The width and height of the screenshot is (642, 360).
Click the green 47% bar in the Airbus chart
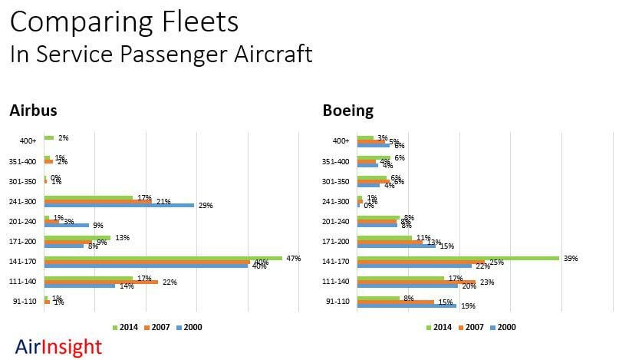(x=163, y=258)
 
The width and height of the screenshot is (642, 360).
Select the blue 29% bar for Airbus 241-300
(x=119, y=205)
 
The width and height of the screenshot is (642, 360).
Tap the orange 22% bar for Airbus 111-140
(x=100, y=282)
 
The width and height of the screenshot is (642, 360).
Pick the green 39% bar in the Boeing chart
(x=457, y=258)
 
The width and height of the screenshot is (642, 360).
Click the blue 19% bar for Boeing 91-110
(x=407, y=306)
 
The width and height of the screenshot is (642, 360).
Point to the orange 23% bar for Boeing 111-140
(x=416, y=282)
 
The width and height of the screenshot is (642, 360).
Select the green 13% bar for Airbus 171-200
(x=77, y=237)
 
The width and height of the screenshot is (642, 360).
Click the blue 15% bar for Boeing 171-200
(x=396, y=246)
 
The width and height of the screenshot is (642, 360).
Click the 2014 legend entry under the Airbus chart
(x=127, y=327)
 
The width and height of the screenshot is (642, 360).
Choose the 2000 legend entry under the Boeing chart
(x=502, y=327)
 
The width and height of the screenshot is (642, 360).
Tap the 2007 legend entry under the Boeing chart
(x=471, y=327)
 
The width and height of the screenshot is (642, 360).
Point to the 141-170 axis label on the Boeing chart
(x=336, y=262)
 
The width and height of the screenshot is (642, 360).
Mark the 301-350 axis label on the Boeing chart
(x=336, y=181)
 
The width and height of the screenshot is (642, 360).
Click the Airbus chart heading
(x=33, y=111)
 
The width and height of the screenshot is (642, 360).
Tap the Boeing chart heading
(x=347, y=111)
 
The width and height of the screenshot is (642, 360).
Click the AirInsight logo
(x=58, y=347)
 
